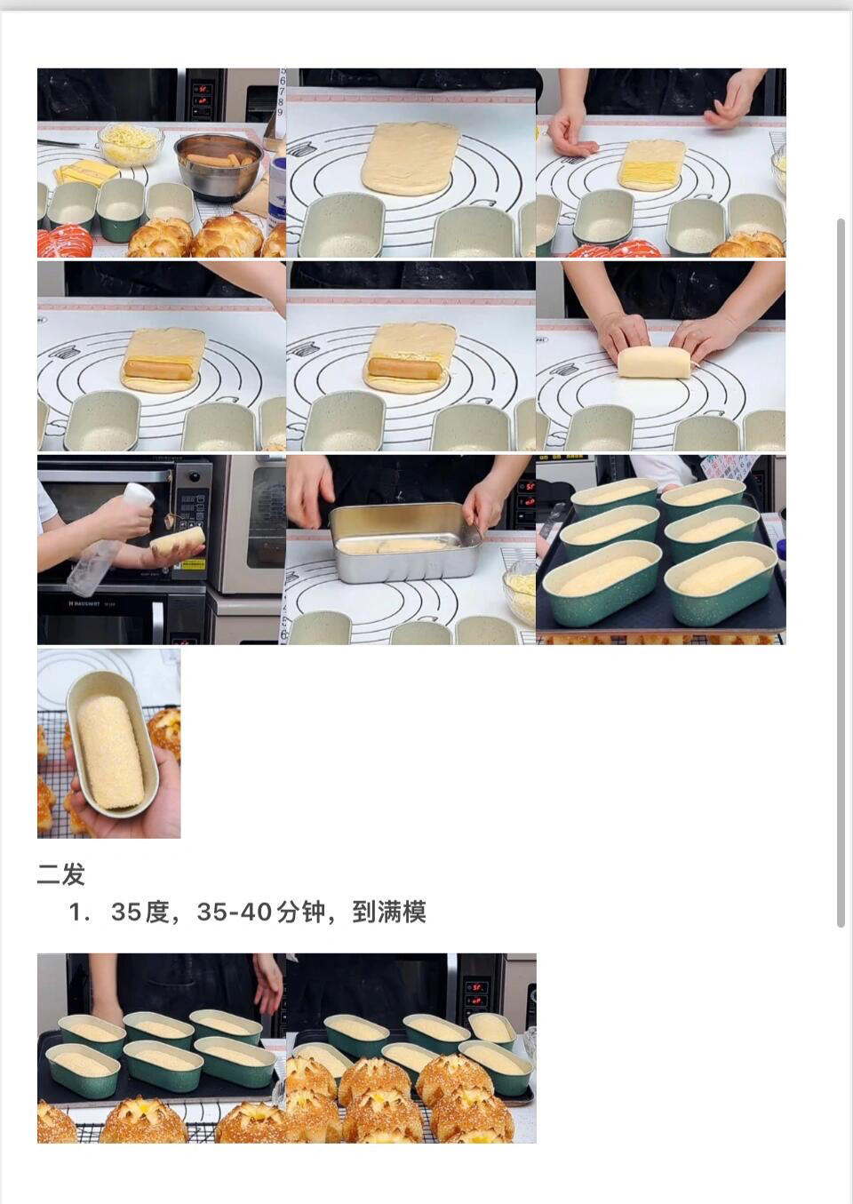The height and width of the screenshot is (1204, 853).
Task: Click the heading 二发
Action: coord(60,874)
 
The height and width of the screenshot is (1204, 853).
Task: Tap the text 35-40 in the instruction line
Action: coord(233,913)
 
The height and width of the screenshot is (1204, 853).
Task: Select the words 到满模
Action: coord(389,913)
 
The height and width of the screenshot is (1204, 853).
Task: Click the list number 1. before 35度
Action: coord(79,913)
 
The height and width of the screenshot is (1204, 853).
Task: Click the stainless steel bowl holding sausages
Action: coord(219,163)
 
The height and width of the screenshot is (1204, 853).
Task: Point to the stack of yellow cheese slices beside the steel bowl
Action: coord(86,172)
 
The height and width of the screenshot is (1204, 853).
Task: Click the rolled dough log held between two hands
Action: coord(654,361)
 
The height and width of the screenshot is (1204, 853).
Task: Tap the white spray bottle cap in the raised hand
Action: coord(140,493)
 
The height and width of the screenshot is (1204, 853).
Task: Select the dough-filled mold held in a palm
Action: coord(112,744)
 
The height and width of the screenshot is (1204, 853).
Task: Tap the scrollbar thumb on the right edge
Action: coord(841,572)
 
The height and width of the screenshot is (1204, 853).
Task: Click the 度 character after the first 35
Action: coord(157,913)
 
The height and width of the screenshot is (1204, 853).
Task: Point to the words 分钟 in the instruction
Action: coord(301,913)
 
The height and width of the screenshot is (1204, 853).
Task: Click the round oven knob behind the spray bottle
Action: coord(194,477)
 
